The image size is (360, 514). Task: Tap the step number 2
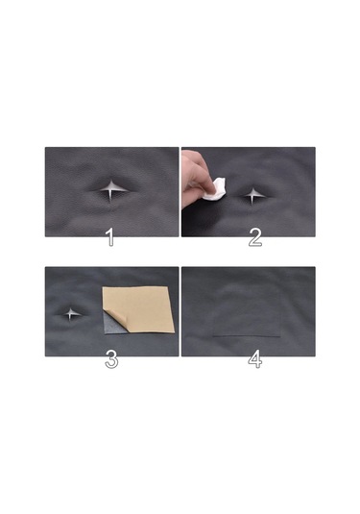click(254, 237)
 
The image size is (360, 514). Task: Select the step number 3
click(111, 359)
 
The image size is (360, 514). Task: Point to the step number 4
click(254, 359)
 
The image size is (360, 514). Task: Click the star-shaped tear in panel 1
click(111, 190)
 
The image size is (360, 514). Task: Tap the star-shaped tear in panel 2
click(253, 194)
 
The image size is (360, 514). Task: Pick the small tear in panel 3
click(72, 313)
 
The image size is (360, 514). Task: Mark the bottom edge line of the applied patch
click(246, 336)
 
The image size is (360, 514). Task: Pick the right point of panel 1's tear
click(127, 190)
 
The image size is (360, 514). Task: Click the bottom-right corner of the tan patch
click(174, 330)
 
